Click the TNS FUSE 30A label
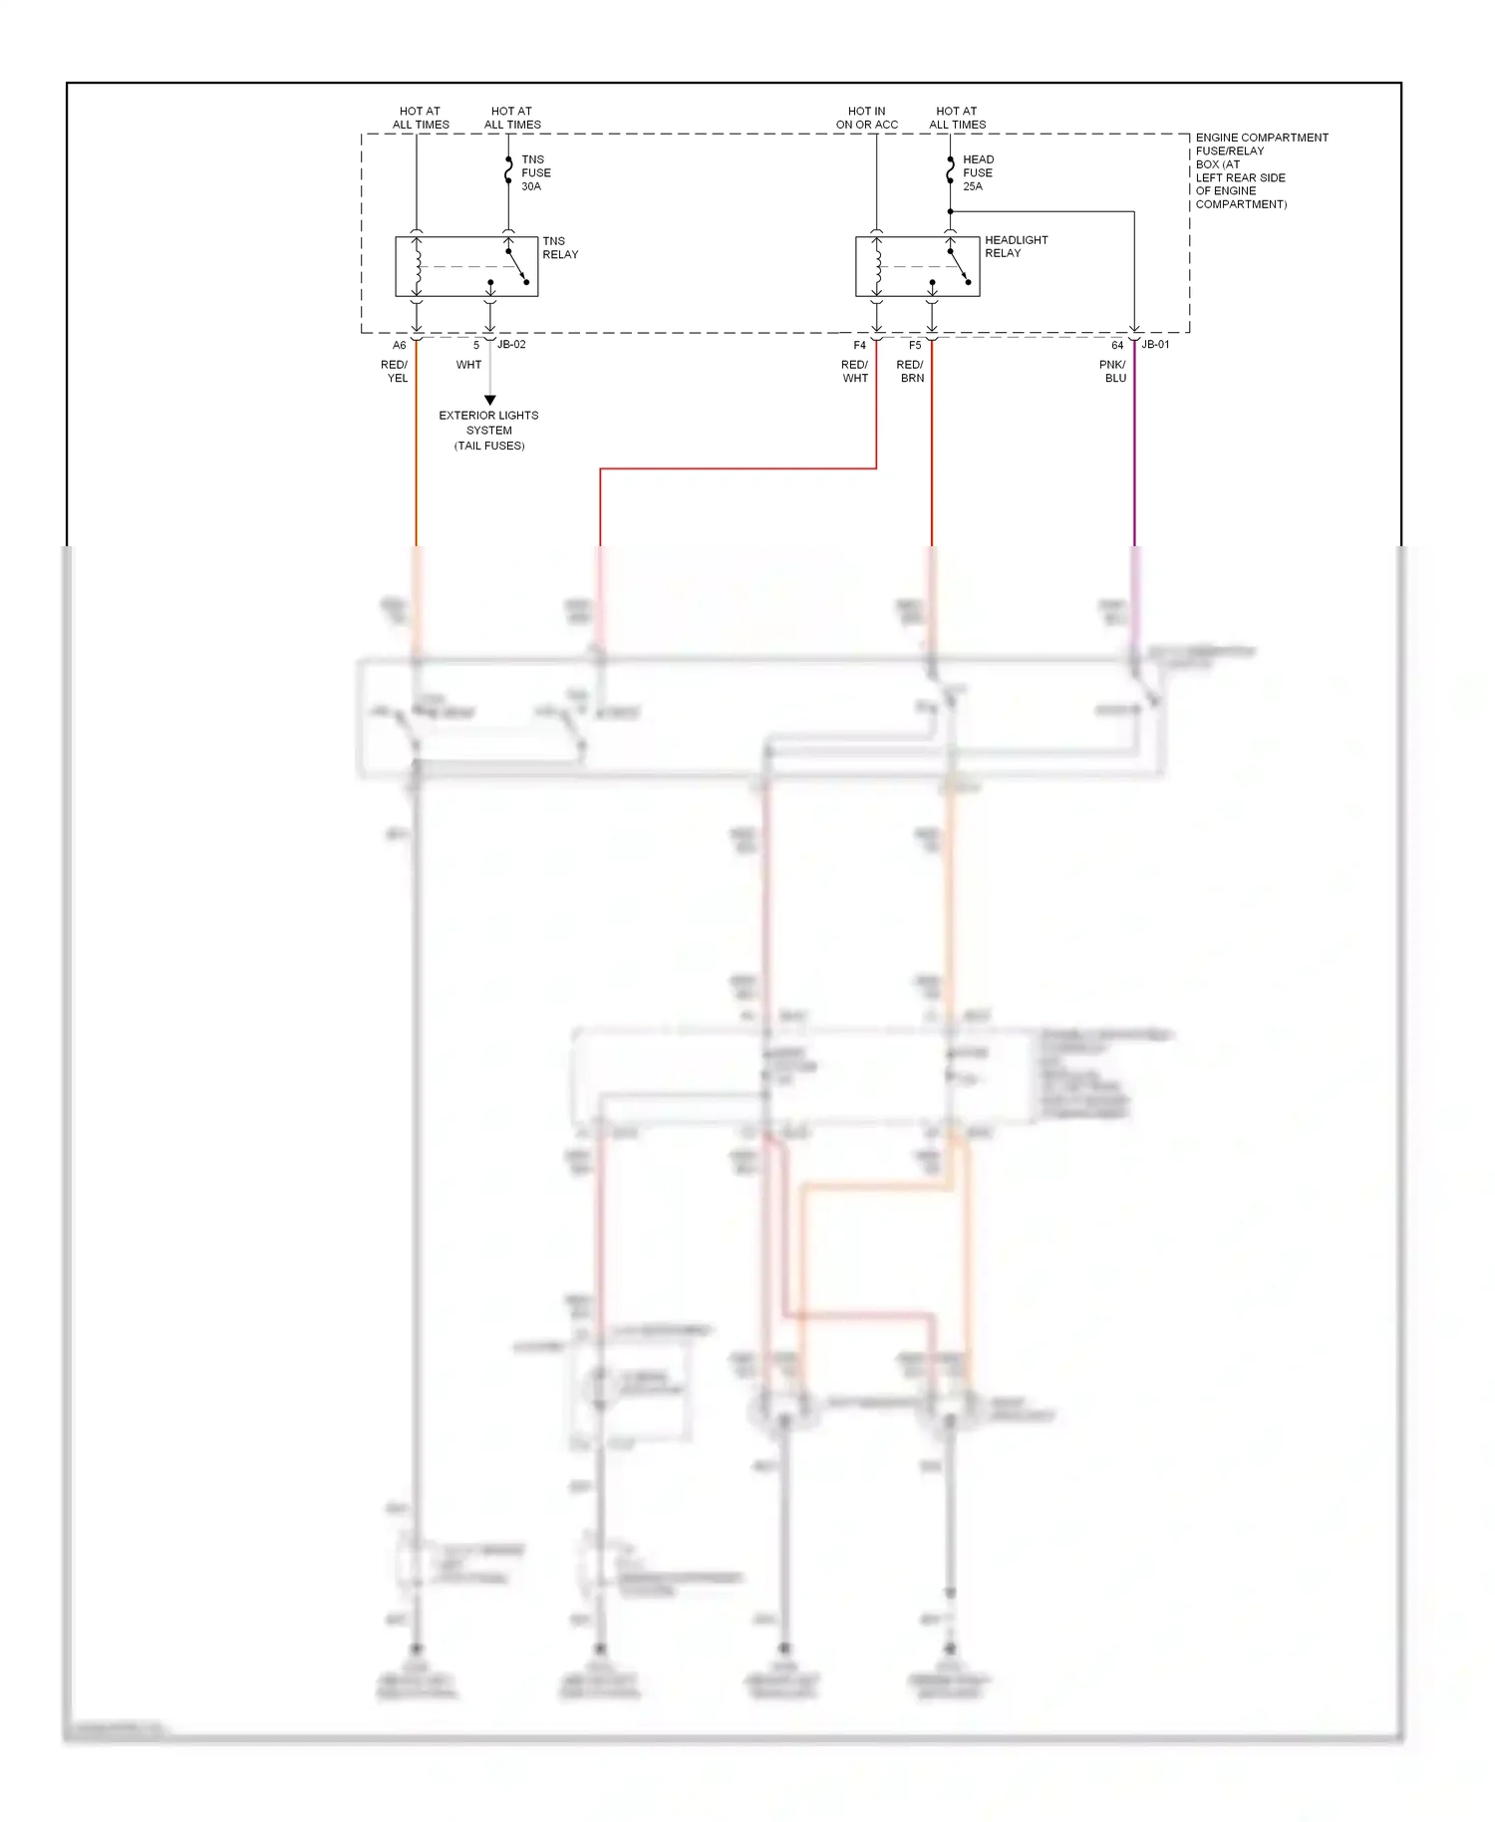pyautogui.click(x=535, y=172)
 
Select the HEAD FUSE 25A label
pyautogui.click(x=978, y=172)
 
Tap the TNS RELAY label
pyautogui.click(x=559, y=247)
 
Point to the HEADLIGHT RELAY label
pyautogui.click(x=1016, y=246)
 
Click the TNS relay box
pyautogui.click(x=466, y=266)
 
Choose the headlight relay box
pyautogui.click(x=917, y=266)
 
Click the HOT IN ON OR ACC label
pyautogui.click(x=866, y=118)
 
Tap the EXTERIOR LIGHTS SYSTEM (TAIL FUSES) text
pyautogui.click(x=488, y=431)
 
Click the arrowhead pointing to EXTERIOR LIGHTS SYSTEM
pyautogui.click(x=489, y=400)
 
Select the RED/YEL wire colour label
pyautogui.click(x=395, y=371)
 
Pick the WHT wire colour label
pyautogui.click(x=468, y=365)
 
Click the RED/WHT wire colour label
pyautogui.click(x=855, y=371)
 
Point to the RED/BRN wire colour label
pyautogui.click(x=911, y=371)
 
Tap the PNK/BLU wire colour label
pyautogui.click(x=1113, y=371)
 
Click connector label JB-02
pyautogui.click(x=511, y=345)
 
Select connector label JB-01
pyautogui.click(x=1155, y=345)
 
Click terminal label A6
pyautogui.click(x=399, y=346)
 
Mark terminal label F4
pyautogui.click(x=859, y=346)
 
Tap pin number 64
pyautogui.click(x=1117, y=346)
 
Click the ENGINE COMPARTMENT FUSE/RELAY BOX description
pyautogui.click(x=1260, y=170)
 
